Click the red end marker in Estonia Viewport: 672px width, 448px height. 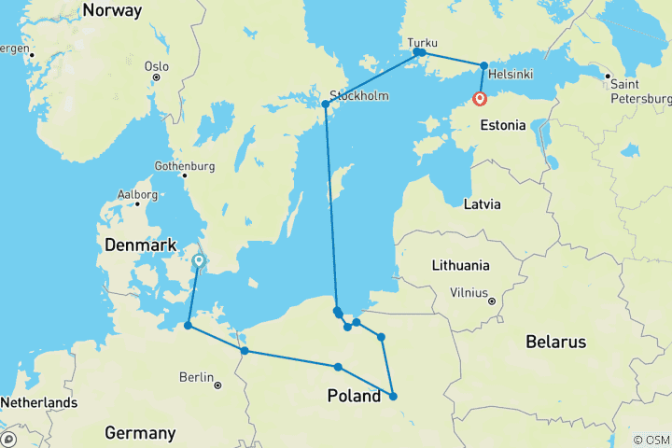[x=480, y=99]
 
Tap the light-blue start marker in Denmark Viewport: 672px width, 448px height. [x=199, y=261]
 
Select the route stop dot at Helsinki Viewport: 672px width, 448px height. [x=483, y=65]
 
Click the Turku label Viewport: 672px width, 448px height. [x=422, y=42]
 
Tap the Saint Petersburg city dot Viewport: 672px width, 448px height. [x=608, y=77]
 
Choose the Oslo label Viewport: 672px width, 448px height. [x=157, y=66]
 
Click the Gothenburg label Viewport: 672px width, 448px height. [x=185, y=166]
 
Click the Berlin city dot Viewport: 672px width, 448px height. [x=217, y=385]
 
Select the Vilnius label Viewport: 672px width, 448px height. [x=469, y=292]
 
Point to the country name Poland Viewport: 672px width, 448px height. [x=354, y=396]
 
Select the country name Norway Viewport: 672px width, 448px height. [x=112, y=11]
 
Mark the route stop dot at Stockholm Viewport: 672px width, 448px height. [x=326, y=104]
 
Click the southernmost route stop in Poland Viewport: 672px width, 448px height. [x=393, y=396]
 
